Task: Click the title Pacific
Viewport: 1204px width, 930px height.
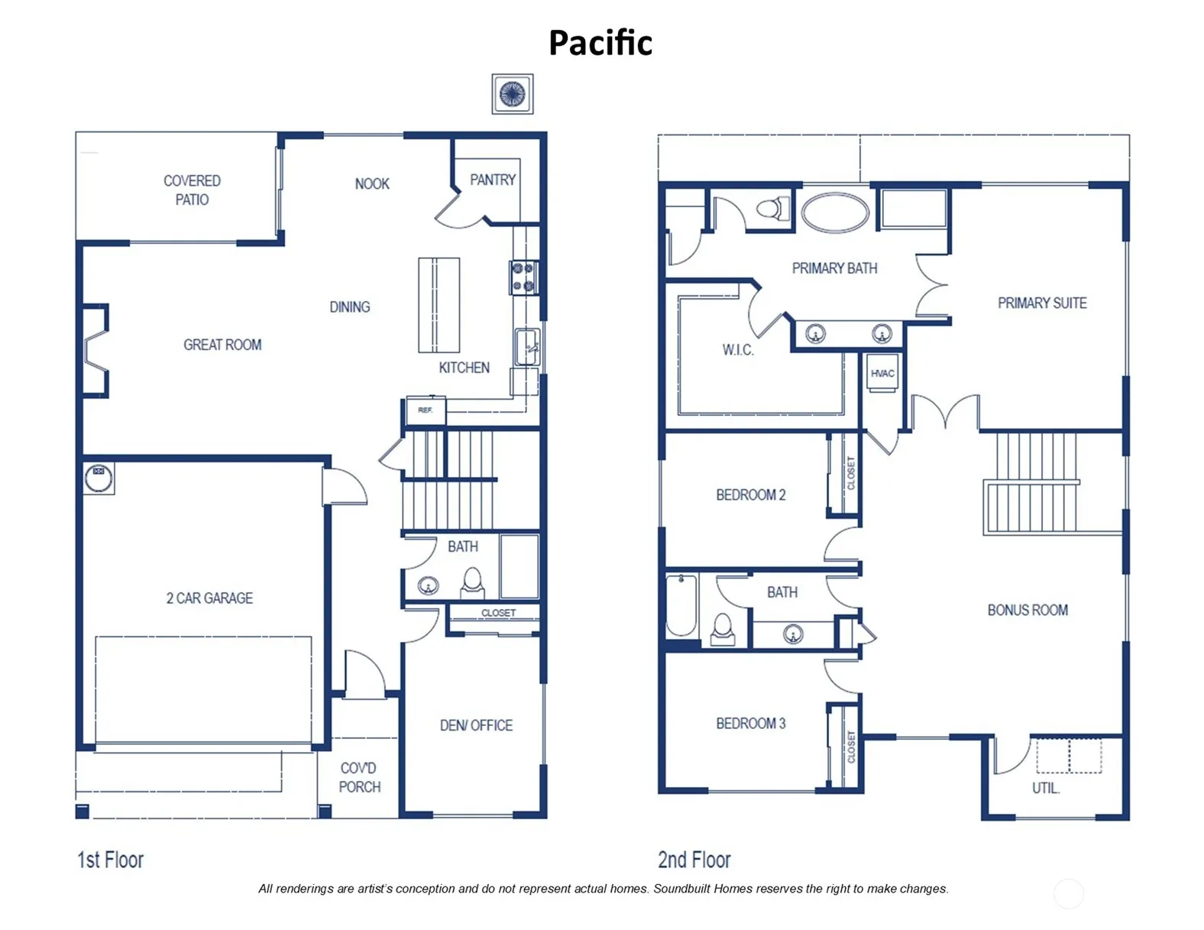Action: [600, 43]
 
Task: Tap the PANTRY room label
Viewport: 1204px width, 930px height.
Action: [492, 180]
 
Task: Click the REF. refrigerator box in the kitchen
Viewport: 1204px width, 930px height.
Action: [425, 410]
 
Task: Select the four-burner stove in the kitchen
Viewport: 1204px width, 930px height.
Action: [523, 277]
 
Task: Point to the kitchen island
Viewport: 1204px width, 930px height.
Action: [439, 305]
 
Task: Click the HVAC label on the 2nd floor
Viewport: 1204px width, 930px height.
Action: [882, 374]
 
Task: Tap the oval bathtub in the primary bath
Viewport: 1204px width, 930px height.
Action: [834, 212]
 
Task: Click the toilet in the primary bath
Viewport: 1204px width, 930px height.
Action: [773, 209]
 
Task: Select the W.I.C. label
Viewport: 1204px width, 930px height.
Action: [737, 350]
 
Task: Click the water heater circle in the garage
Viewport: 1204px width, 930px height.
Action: [99, 478]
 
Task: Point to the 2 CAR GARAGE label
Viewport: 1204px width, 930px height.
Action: [209, 598]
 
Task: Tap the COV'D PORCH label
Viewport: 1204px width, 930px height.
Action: [359, 777]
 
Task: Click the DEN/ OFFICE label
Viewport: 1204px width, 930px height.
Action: [476, 725]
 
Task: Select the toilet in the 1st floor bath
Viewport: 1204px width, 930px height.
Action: [472, 583]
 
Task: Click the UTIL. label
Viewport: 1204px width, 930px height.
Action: [1046, 788]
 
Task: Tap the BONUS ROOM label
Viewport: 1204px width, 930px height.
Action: [1028, 611]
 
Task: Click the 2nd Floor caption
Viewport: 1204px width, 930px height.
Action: [694, 860]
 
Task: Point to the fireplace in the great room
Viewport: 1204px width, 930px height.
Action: [95, 351]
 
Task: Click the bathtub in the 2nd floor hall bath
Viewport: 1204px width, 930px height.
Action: [681, 606]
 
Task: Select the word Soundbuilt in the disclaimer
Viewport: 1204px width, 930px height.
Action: [682, 889]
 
